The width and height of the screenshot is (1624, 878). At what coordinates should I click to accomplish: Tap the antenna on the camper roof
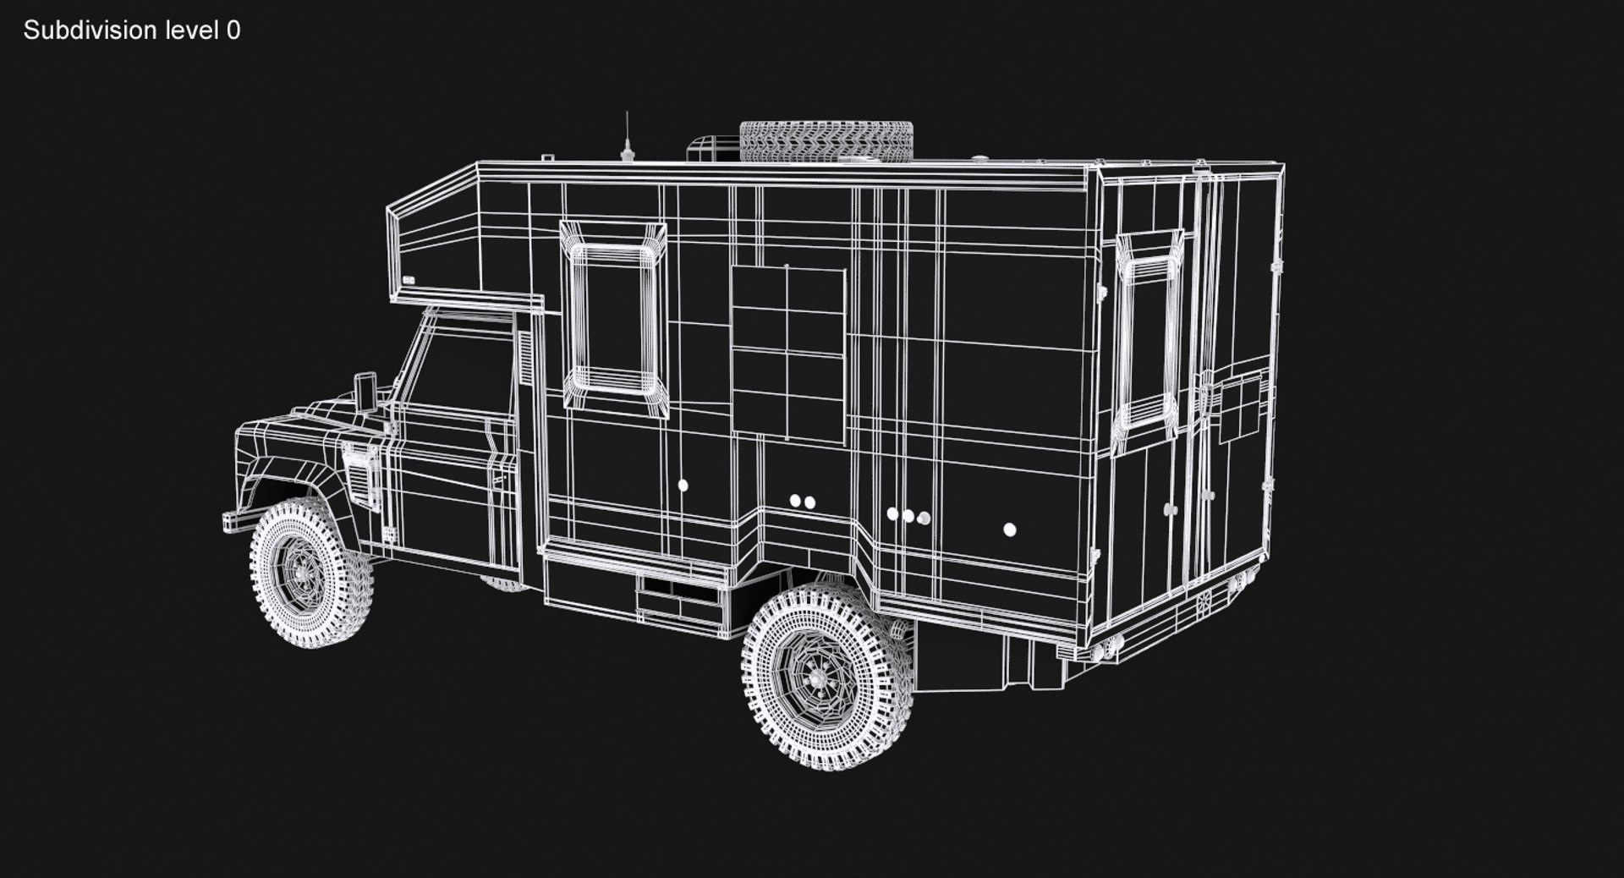[x=627, y=140]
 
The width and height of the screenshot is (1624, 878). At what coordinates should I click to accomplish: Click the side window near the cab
[x=615, y=319]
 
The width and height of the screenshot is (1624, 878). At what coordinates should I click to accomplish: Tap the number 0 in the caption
[x=233, y=30]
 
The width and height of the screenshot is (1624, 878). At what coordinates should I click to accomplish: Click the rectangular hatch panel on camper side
[x=787, y=354]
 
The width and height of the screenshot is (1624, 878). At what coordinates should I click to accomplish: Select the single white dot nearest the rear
[x=1009, y=530]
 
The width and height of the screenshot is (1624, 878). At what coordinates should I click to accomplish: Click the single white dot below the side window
[x=683, y=486]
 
